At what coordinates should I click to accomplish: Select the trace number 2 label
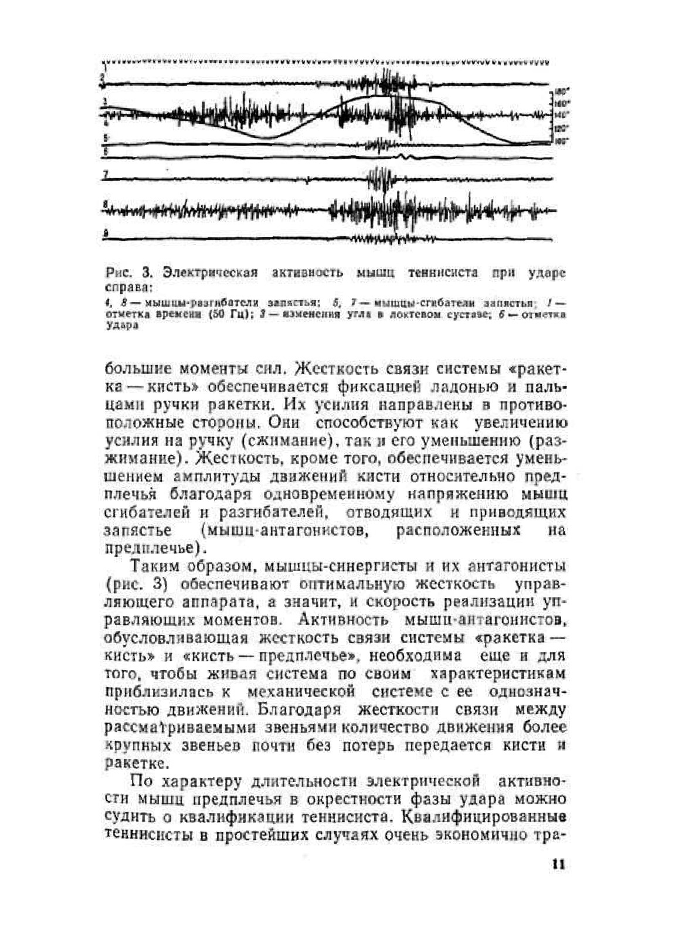pos(103,77)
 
